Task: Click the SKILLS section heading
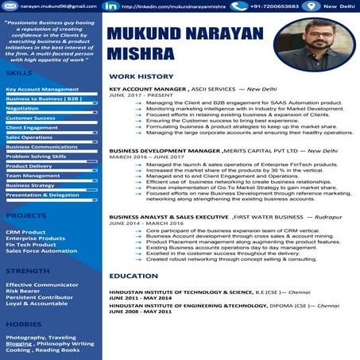pyautogui.click(x=19, y=72)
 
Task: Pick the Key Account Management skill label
pyautogui.click(x=42, y=89)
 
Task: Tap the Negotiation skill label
pyautogui.click(x=22, y=108)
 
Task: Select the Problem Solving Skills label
pyautogui.click(x=36, y=157)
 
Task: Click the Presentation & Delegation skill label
pyautogui.click(x=43, y=195)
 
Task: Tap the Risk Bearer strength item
pyautogui.click(x=24, y=291)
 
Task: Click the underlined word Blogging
pyautogui.click(x=17, y=343)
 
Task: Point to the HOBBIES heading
pyautogui.click(x=23, y=323)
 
